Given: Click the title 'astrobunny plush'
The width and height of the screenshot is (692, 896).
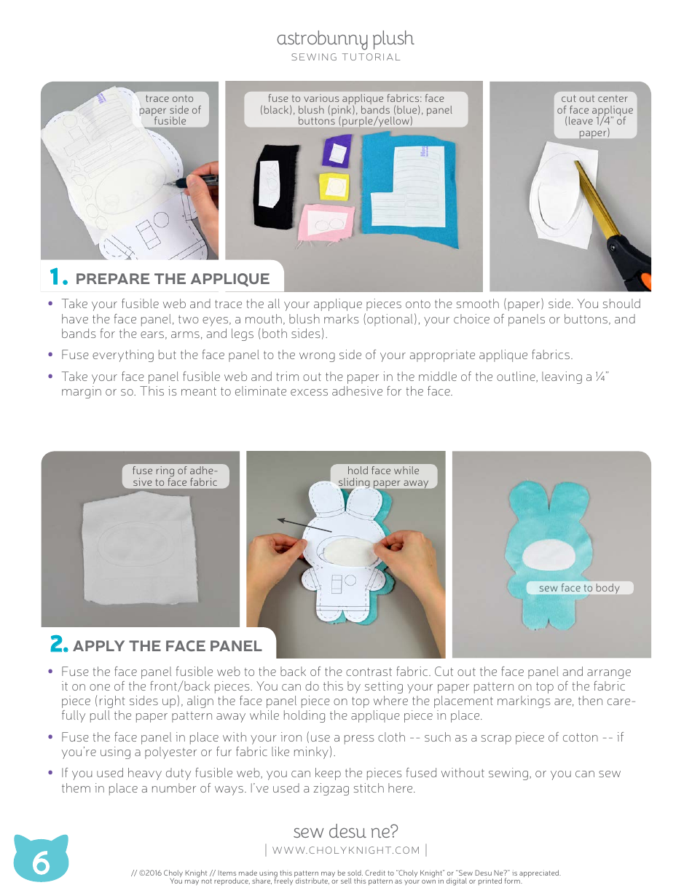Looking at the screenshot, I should pos(345,39).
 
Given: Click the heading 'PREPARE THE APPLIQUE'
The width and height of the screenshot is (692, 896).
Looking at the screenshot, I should pos(172,279).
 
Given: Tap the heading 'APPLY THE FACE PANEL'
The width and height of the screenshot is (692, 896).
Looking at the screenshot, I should pos(167,645).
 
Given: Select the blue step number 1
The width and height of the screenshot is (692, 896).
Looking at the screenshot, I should pos(58,278).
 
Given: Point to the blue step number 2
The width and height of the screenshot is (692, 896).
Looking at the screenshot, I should pos(58,645).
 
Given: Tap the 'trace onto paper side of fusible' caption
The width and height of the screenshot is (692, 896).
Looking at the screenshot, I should pos(170,109).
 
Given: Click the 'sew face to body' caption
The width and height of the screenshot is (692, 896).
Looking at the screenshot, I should pos(579,588).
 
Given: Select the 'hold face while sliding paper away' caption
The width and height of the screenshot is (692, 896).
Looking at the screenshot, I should pos(383,476).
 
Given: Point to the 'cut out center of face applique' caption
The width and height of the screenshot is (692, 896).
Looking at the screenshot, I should pos(594,115).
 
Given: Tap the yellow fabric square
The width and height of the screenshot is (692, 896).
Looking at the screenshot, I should pos(335,186).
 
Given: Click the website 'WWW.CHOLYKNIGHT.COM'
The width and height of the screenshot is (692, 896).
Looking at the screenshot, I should pos(346,850).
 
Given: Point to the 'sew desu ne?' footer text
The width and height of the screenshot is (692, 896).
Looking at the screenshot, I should pos(345,831).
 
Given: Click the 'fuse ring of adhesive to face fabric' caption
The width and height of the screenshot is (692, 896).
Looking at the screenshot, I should pos(175,476).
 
